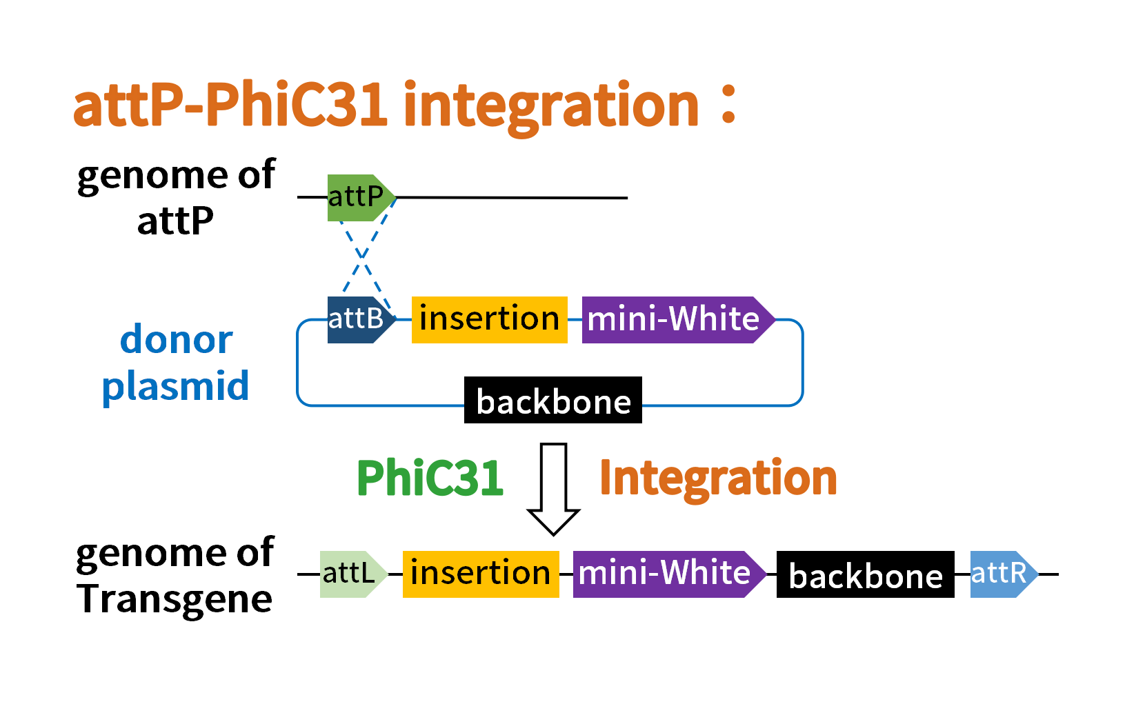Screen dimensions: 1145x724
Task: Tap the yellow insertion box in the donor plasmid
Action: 490,320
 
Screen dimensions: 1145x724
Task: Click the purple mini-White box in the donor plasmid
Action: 678,320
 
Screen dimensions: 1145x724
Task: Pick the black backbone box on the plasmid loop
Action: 553,400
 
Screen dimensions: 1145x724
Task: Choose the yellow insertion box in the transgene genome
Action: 481,574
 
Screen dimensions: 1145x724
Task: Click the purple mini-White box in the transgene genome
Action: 670,574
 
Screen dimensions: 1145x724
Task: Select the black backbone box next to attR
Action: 866,574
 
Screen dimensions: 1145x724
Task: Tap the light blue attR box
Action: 1004,574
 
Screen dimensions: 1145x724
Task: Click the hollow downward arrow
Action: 554,490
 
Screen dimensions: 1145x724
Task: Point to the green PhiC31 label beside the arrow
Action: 430,478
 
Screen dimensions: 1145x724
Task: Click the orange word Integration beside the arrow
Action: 718,479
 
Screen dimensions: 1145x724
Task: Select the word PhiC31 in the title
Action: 296,105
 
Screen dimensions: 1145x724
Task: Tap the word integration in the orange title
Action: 551,109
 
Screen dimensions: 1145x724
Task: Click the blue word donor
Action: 177,339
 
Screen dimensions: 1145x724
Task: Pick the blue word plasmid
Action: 175,388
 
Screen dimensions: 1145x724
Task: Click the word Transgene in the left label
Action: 175,599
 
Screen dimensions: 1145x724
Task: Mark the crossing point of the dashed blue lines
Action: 361,257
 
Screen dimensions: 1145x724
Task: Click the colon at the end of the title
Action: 728,105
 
